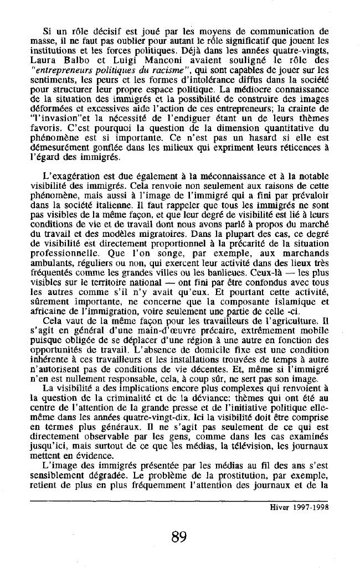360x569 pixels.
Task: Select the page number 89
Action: point(179,536)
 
